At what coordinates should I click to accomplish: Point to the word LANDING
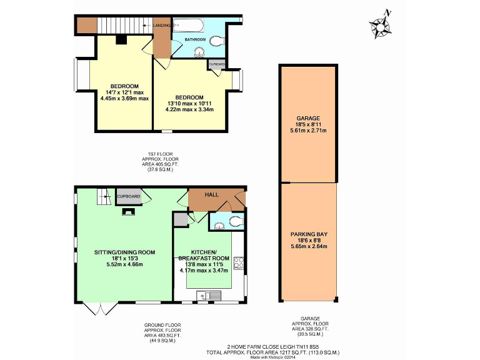coord(162,26)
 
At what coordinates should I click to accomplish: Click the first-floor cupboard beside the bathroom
coord(216,64)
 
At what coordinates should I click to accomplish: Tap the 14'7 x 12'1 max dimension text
coord(124,92)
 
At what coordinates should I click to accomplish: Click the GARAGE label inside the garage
coord(309,118)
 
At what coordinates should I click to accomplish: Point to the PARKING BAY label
coord(309,234)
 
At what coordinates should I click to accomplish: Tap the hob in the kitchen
coord(238,262)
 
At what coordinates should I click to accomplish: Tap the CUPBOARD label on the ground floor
coord(129,196)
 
